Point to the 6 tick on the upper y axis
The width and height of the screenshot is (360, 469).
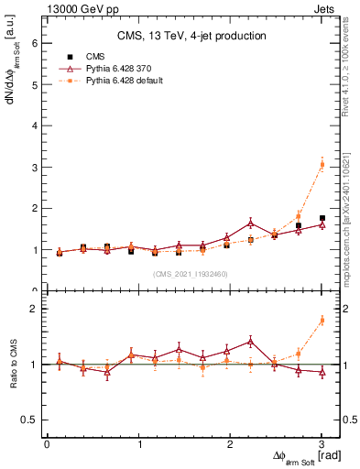[35, 43]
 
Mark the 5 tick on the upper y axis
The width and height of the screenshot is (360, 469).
[35, 84]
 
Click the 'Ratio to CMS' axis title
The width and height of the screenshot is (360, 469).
[14, 365]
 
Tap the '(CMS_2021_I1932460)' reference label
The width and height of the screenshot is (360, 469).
[191, 274]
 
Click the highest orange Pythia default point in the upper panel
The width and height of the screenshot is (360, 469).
[322, 164]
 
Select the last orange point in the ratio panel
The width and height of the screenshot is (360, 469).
[322, 320]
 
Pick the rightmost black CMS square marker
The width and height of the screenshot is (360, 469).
[322, 218]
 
